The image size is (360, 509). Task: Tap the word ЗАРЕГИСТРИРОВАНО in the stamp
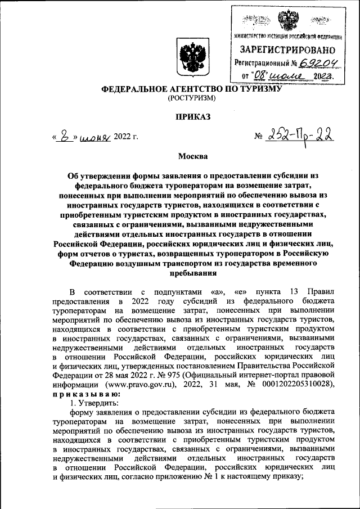(x=287, y=49)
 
